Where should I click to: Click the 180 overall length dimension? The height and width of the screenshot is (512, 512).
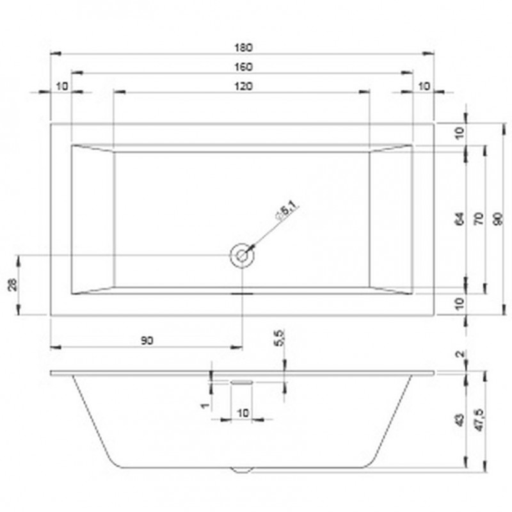[x=243, y=47]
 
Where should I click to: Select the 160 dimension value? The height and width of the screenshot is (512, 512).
[x=243, y=67]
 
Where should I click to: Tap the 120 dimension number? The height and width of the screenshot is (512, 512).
[x=243, y=86]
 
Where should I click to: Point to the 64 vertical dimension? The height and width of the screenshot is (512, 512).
[x=460, y=218]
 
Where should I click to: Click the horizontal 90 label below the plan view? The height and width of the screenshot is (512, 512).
[x=147, y=341]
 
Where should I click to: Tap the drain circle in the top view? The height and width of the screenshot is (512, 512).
[x=242, y=255]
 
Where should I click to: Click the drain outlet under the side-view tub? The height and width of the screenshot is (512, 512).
[x=242, y=470]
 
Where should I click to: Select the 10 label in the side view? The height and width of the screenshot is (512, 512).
[x=243, y=413]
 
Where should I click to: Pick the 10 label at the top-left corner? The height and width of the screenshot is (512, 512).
[x=61, y=86]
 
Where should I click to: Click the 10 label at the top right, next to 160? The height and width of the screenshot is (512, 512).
[x=423, y=86]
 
